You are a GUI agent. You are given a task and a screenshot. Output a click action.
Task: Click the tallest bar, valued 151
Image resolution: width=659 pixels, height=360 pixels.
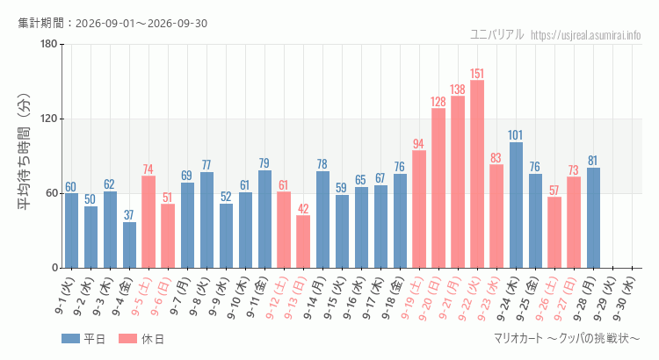477,174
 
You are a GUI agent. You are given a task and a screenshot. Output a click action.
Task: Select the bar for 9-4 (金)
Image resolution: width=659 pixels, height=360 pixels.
129,245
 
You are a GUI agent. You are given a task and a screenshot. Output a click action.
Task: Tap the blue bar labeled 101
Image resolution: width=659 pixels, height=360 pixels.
516,205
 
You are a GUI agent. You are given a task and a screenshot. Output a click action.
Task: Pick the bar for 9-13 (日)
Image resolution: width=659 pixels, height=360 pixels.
303,241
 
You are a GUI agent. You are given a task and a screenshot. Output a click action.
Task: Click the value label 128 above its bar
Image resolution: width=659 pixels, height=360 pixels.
438,102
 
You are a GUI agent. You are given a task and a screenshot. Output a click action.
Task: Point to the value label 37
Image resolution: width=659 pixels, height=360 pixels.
128,215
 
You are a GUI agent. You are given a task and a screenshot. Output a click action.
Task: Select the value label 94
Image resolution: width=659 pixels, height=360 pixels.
418,144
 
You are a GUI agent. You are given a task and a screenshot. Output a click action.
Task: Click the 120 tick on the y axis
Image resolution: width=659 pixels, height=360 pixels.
49,119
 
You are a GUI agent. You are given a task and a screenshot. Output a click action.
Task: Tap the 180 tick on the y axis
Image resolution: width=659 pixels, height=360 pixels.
49,44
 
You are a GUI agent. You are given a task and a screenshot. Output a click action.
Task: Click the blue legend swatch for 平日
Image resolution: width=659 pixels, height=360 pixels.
70,339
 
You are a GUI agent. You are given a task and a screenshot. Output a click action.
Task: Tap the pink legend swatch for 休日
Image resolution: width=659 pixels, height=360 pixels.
127,339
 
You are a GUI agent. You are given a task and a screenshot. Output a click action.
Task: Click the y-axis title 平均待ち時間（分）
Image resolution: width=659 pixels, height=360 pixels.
24,152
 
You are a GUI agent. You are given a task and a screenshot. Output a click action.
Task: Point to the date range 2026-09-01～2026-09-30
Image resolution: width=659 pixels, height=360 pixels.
141,23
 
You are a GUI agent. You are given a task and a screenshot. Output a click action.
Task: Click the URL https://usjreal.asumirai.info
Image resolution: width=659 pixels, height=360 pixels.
586,35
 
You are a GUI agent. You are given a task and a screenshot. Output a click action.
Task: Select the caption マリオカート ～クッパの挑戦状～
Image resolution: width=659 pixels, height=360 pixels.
567,338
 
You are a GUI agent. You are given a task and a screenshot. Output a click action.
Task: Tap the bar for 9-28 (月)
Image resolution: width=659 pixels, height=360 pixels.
593,218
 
